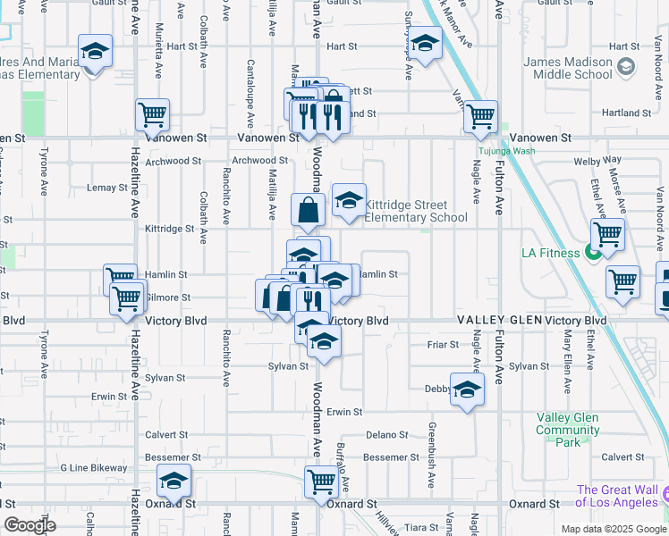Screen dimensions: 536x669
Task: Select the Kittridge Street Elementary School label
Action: [x=416, y=211]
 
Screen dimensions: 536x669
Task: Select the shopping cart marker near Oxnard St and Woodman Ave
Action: [x=321, y=481]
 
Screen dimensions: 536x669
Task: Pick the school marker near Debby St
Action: [x=466, y=389]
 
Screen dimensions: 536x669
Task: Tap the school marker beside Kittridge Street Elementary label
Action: [x=349, y=199]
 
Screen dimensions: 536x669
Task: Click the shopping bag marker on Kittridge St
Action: [x=308, y=210]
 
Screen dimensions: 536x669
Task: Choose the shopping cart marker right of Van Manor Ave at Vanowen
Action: [x=481, y=114]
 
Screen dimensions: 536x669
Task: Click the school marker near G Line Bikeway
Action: [x=174, y=481]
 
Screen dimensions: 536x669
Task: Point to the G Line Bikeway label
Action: [x=94, y=468]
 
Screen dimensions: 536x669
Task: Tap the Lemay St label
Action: [x=107, y=188]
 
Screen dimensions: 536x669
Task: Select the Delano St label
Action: [x=386, y=435]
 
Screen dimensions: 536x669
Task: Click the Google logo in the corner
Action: [x=30, y=525]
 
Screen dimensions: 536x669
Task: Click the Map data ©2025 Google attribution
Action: [x=613, y=529]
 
